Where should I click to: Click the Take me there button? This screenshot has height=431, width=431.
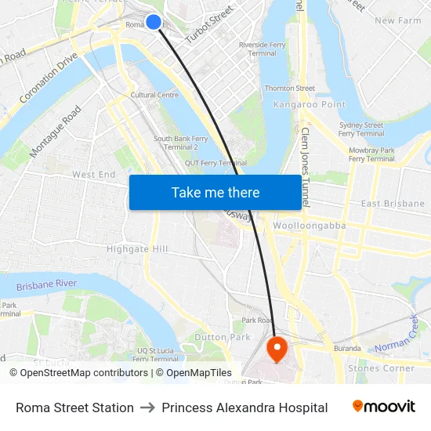(x=215, y=192)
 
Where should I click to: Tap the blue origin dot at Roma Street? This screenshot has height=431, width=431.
(x=154, y=22)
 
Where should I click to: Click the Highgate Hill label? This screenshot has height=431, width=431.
(x=137, y=249)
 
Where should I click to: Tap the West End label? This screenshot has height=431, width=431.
(x=94, y=174)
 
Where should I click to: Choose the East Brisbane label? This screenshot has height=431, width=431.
(x=393, y=204)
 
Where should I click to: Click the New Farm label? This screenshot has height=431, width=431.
(x=397, y=20)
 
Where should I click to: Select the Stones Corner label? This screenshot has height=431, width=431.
(x=381, y=368)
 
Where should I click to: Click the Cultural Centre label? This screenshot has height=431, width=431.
(x=154, y=95)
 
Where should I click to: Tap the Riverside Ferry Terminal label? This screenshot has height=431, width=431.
(x=262, y=49)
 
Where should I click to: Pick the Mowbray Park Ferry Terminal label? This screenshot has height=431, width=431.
(x=371, y=154)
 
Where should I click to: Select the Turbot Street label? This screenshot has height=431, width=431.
(x=210, y=24)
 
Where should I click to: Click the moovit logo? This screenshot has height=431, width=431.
(x=384, y=407)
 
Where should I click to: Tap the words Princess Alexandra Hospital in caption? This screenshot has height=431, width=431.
(x=244, y=407)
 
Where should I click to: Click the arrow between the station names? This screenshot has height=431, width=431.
(x=147, y=407)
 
